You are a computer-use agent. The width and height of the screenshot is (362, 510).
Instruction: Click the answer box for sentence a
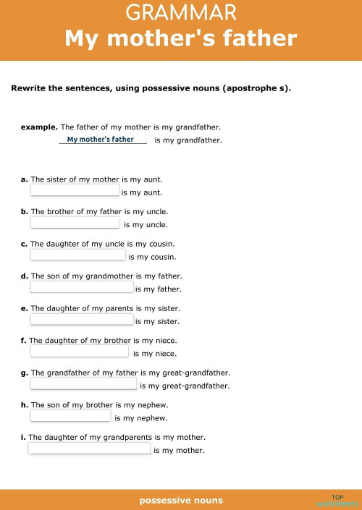75,190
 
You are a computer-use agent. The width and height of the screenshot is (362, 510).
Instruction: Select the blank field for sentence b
75,223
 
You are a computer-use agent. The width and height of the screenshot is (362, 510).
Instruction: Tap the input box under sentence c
77,255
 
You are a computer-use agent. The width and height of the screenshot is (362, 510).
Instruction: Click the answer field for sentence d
82,287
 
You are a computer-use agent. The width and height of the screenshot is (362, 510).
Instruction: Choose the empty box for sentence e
82,319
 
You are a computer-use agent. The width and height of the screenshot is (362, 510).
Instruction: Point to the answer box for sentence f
79,352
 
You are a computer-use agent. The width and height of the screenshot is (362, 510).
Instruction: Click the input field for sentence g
83,384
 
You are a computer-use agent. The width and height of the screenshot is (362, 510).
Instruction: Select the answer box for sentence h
70,416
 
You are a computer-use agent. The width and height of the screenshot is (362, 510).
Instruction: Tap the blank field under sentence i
89,449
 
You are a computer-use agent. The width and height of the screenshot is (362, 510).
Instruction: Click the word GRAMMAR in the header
181,12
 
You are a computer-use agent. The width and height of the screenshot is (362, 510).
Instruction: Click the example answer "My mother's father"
101,139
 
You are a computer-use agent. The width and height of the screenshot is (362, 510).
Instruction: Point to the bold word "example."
39,127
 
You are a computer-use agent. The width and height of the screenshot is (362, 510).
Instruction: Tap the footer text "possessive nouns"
181,500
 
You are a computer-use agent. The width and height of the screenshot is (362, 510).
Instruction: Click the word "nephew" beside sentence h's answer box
152,418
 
